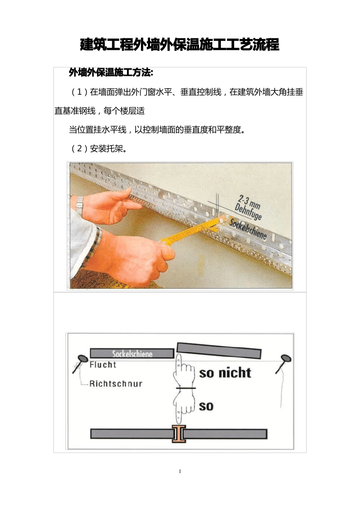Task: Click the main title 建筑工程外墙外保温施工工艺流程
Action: (180, 45)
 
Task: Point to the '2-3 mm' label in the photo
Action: (249, 202)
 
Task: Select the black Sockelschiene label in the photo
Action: (248, 230)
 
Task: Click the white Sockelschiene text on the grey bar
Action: (132, 354)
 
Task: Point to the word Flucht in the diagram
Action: (103, 365)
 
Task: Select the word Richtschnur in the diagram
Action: (116, 384)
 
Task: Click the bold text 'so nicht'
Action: (225, 373)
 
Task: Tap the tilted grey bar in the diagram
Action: (219, 350)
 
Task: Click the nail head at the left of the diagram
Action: (83, 359)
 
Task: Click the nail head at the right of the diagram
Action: (286, 358)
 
